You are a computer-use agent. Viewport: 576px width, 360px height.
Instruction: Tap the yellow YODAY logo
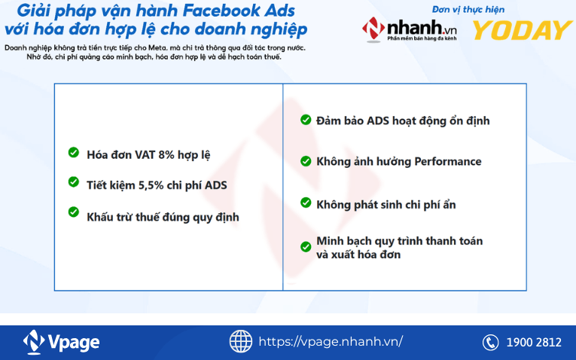point(522,30)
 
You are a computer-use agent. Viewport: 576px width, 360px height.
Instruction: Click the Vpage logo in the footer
point(62,342)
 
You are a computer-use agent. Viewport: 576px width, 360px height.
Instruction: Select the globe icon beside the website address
point(241,341)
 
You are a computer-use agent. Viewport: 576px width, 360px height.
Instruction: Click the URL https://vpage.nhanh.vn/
point(331,341)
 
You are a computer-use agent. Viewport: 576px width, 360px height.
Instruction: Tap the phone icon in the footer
point(491,342)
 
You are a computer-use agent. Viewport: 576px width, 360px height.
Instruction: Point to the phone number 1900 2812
point(534,342)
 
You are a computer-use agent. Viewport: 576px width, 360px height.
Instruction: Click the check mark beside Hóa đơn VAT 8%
point(74,153)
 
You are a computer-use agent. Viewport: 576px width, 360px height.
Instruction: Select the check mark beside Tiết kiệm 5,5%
point(74,182)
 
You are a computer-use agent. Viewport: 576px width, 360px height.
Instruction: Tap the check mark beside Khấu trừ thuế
point(74,212)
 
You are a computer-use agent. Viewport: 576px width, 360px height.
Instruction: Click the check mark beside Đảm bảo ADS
point(306,120)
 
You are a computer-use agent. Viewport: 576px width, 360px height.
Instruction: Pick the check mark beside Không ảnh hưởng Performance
point(306,161)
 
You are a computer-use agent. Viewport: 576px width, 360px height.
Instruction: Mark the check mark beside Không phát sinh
point(306,203)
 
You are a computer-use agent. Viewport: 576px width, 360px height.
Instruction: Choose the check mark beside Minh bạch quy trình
point(306,246)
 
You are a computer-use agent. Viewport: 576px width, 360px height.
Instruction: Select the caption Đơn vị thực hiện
point(468,9)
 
